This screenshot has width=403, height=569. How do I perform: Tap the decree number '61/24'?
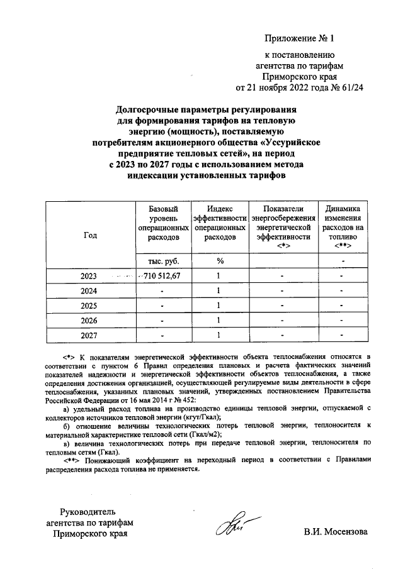[x=350, y=87]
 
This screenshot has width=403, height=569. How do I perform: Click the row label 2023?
[x=90, y=276]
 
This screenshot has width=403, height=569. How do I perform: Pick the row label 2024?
[x=90, y=291]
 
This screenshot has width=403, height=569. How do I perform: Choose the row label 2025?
[x=90, y=306]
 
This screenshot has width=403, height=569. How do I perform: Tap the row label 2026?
[x=90, y=320]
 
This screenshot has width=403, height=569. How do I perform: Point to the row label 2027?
[x=90, y=335]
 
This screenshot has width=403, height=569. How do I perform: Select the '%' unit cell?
[x=220, y=261]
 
